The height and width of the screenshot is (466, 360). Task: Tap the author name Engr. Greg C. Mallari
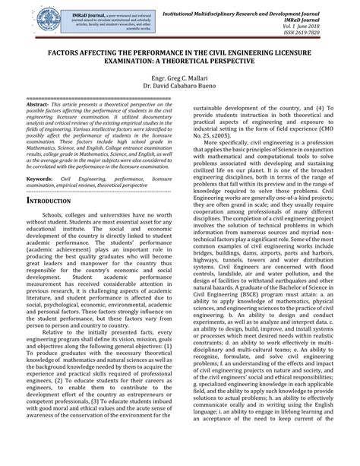181,78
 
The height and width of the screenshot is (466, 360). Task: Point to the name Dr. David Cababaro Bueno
181,87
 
